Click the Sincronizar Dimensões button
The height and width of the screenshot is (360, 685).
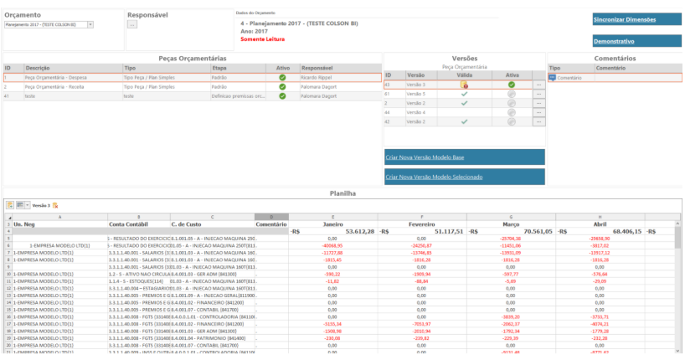[x=624, y=18]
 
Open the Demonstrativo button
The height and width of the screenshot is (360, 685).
[x=614, y=41]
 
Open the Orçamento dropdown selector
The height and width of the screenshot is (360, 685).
[x=90, y=25]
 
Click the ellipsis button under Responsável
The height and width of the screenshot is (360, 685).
[x=131, y=25]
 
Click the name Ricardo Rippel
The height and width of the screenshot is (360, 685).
[x=317, y=77]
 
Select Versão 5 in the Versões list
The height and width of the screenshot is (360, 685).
[x=417, y=94]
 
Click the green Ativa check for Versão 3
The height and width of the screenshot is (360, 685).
[x=511, y=85]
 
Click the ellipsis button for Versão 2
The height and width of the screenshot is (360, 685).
[x=539, y=121]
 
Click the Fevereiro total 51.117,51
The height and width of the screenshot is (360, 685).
[x=437, y=230]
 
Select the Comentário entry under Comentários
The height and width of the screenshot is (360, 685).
[x=569, y=77]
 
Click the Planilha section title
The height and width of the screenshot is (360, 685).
[x=342, y=193]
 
